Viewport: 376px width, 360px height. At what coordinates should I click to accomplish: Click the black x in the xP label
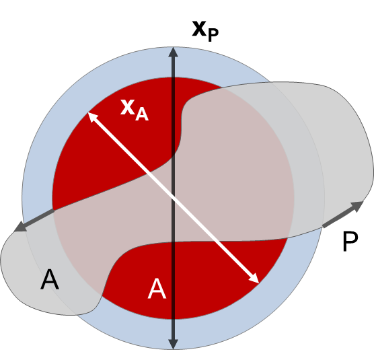coord(199,29)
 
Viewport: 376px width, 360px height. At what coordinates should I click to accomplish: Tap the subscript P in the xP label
coord(213,35)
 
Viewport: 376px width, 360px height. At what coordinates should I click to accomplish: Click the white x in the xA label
coord(127,107)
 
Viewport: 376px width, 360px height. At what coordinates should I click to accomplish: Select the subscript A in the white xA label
coord(142,114)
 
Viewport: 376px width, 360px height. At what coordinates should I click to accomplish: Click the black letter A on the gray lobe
coord(50,279)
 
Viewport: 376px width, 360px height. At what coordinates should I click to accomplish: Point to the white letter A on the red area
coord(157,289)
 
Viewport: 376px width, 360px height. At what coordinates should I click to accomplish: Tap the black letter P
coord(350,242)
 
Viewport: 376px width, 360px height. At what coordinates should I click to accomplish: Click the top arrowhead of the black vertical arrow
coord(174,52)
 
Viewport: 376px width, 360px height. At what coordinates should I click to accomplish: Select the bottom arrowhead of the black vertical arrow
coord(173,344)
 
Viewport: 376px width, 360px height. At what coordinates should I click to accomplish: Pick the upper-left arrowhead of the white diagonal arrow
coord(93,117)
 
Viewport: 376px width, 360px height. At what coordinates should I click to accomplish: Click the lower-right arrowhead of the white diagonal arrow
coord(254,279)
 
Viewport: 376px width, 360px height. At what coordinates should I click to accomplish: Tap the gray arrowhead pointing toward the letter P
coord(358,206)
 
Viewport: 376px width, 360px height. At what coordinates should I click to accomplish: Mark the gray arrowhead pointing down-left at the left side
coord(20,227)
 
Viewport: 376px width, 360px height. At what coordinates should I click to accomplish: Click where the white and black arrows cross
coord(174,194)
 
